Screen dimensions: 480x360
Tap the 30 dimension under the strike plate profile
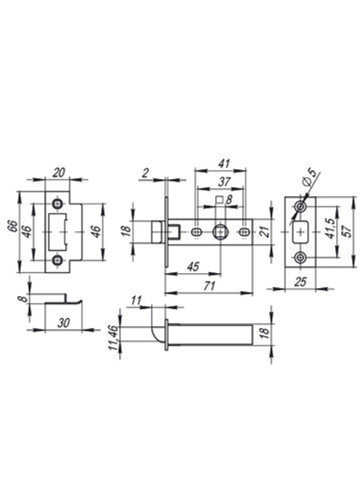click(x=63, y=323)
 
